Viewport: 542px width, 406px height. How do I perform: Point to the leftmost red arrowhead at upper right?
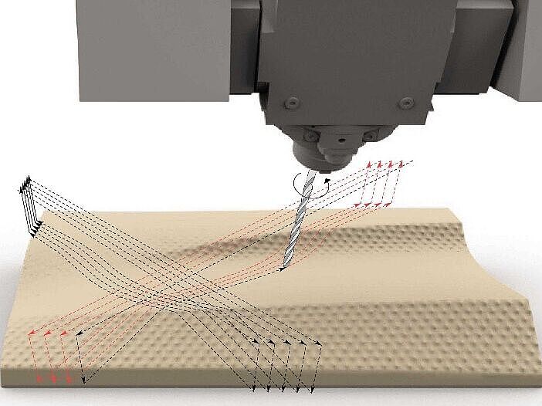(x=369, y=164)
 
